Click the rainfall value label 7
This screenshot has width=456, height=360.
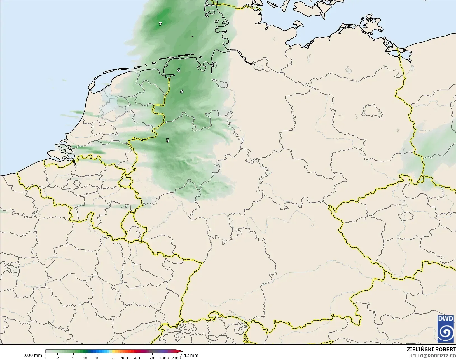point(160,24)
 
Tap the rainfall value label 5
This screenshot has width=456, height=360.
point(167,140)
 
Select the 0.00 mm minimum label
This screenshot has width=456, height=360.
point(32,355)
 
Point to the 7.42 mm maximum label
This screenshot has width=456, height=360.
point(189,355)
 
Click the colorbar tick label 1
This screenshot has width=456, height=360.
point(46,358)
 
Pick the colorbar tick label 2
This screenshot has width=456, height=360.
point(58,358)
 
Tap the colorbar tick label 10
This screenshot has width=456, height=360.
point(85,358)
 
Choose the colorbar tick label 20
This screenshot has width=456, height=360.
point(97,358)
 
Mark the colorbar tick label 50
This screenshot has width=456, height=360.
point(113,358)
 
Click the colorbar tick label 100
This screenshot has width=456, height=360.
point(125,358)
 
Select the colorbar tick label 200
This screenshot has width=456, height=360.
point(137,358)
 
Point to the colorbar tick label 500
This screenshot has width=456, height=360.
point(152,358)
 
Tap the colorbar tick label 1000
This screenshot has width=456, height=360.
point(164,358)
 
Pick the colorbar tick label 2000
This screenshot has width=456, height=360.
point(176,358)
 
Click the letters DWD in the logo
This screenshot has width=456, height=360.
point(446,319)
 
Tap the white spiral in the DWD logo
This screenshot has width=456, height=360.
point(446,332)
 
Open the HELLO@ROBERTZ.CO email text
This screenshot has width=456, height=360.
point(432,356)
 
